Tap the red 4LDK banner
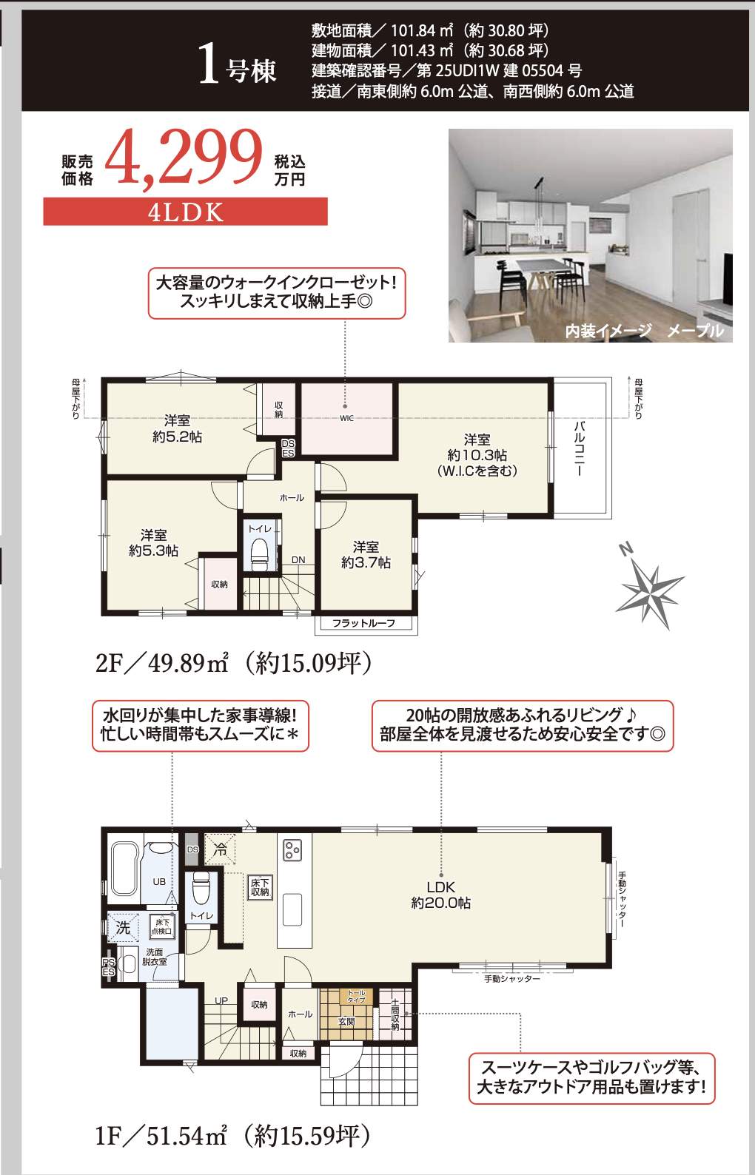pyautogui.click(x=185, y=212)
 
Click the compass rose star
pyautogui.click(x=650, y=588)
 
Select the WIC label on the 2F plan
pyautogui.click(x=346, y=419)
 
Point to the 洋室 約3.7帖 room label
pyautogui.click(x=366, y=555)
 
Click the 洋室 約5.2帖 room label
pyautogui.click(x=177, y=429)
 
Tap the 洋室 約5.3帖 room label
pyautogui.click(x=153, y=542)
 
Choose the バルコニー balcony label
pyautogui.click(x=580, y=448)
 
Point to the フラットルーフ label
pyautogui.click(x=363, y=624)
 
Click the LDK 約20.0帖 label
pyautogui.click(x=440, y=895)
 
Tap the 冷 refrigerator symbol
pyautogui.click(x=220, y=850)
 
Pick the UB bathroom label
pyautogui.click(x=159, y=882)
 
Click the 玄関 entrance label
pyautogui.click(x=346, y=1022)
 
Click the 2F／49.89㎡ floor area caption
pyautogui.click(x=233, y=663)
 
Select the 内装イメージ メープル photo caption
pyautogui.click(x=644, y=331)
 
